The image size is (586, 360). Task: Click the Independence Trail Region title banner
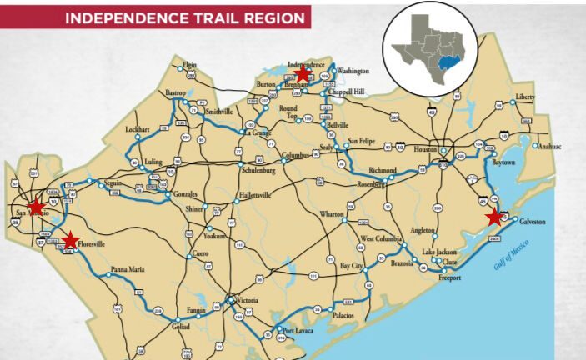pos(155,17)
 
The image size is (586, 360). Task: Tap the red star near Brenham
pos(303,75)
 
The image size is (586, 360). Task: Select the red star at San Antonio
pos(36,206)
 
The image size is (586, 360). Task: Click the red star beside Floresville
pos(70,240)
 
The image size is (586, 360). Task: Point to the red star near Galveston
pos(495,217)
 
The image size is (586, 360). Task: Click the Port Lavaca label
pos(299,330)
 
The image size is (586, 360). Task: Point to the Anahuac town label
pos(549,147)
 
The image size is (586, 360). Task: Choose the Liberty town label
pos(525,97)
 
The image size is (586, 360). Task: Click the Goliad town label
pos(182,328)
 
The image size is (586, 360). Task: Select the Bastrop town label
pos(176,92)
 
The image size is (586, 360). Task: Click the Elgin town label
pos(190,64)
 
